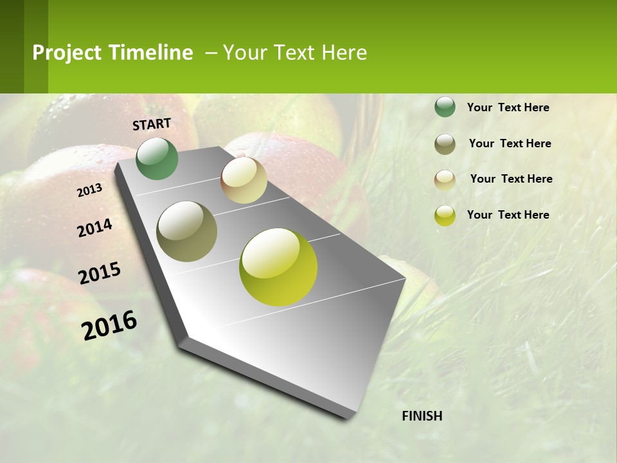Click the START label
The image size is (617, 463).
[x=152, y=124]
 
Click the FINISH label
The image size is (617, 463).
[x=422, y=416]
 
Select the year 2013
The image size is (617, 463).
[x=90, y=190]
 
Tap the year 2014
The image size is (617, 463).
[x=95, y=228]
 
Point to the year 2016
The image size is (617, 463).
[x=109, y=325]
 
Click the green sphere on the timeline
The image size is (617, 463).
[x=157, y=159]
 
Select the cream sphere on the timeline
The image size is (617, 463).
[x=244, y=180]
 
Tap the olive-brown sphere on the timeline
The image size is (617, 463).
[x=186, y=232]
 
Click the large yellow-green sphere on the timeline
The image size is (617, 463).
[x=278, y=267]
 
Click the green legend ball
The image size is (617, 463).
[x=445, y=107]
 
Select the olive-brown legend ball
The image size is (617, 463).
[x=445, y=144]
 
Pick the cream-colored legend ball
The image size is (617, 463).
[x=445, y=179]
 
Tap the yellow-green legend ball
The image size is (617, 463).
[x=445, y=215]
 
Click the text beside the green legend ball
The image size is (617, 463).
[x=508, y=107]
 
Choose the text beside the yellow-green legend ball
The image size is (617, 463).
[x=508, y=215]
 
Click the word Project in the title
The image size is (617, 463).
[x=67, y=53]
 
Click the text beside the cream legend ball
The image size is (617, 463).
[x=511, y=179]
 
